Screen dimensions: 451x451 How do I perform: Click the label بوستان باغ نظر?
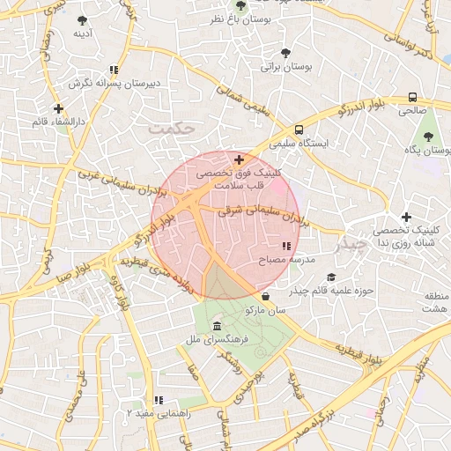coord(270,18)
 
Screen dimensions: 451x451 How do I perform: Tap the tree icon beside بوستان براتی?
coord(285,51)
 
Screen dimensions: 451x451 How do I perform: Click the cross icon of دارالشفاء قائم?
coord(58,109)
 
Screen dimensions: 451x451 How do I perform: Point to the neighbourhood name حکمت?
coord(171,129)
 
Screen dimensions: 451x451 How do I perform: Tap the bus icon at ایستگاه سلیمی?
coord(299,129)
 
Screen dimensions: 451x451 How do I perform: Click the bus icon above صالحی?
coord(412,98)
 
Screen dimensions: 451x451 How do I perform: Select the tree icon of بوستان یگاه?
coord(428,137)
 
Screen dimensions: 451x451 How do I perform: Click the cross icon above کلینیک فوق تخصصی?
coord(239,159)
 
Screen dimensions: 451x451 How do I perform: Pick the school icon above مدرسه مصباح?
coord(285,247)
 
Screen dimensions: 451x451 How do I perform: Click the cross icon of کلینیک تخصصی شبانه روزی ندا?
coord(406,217)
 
